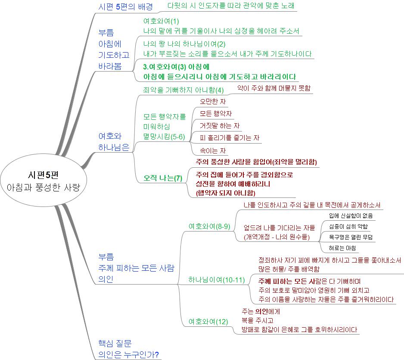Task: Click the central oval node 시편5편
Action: [43, 180]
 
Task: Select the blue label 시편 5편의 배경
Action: [125, 6]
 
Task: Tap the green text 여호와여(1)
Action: [161, 21]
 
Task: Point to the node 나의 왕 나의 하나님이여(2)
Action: [184, 44]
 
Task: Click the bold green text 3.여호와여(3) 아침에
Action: [176, 67]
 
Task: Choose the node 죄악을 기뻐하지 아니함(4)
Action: [183, 90]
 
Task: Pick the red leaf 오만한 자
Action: [213, 101]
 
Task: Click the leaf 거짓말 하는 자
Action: [220, 125]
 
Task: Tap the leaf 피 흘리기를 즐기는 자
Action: [230, 138]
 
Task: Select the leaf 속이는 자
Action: [213, 150]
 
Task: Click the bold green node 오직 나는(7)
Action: [163, 178]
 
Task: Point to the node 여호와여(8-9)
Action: [209, 226]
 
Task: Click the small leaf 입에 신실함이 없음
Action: [351, 216]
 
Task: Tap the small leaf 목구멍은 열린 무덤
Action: [351, 237]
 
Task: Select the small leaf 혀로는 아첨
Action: [342, 248]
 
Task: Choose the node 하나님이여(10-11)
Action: [216, 279]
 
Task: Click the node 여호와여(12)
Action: [208, 322]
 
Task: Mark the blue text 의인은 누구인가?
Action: [129, 354]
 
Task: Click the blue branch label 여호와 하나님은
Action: [114, 141]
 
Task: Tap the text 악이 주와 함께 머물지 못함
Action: [274, 88]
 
